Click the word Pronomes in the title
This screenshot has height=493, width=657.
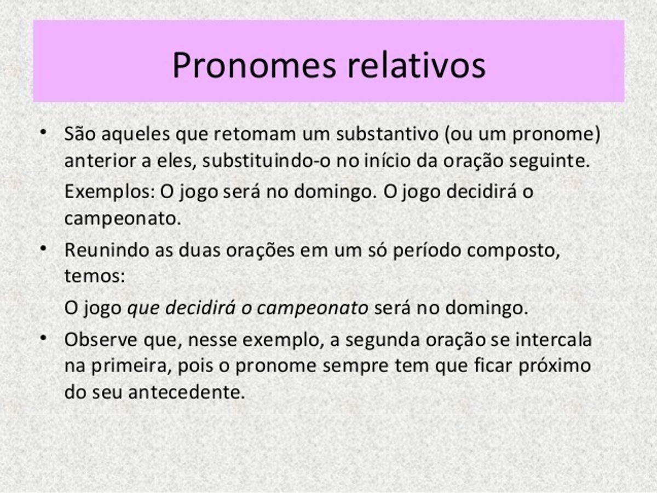pyautogui.click(x=255, y=65)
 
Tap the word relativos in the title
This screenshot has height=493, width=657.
pyautogui.click(x=416, y=65)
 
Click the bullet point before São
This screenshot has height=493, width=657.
pyautogui.click(x=44, y=132)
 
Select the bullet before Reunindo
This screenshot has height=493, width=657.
pyautogui.click(x=44, y=248)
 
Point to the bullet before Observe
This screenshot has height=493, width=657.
pyautogui.click(x=44, y=338)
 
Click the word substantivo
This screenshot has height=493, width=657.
pyautogui.click(x=387, y=134)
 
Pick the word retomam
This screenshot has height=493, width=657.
pyautogui.click(x=255, y=134)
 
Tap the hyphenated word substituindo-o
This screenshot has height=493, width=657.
pyautogui.click(x=267, y=161)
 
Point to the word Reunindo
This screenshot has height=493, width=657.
pyautogui.click(x=107, y=250)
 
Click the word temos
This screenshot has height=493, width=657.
pyautogui.click(x=95, y=276)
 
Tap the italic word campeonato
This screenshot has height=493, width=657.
pyautogui.click(x=313, y=309)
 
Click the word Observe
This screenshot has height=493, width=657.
pyautogui.click(x=101, y=340)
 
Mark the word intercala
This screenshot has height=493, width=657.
pyautogui.click(x=554, y=340)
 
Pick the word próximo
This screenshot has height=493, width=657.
pyautogui.click(x=555, y=366)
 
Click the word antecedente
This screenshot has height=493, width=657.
pyautogui.click(x=187, y=392)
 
